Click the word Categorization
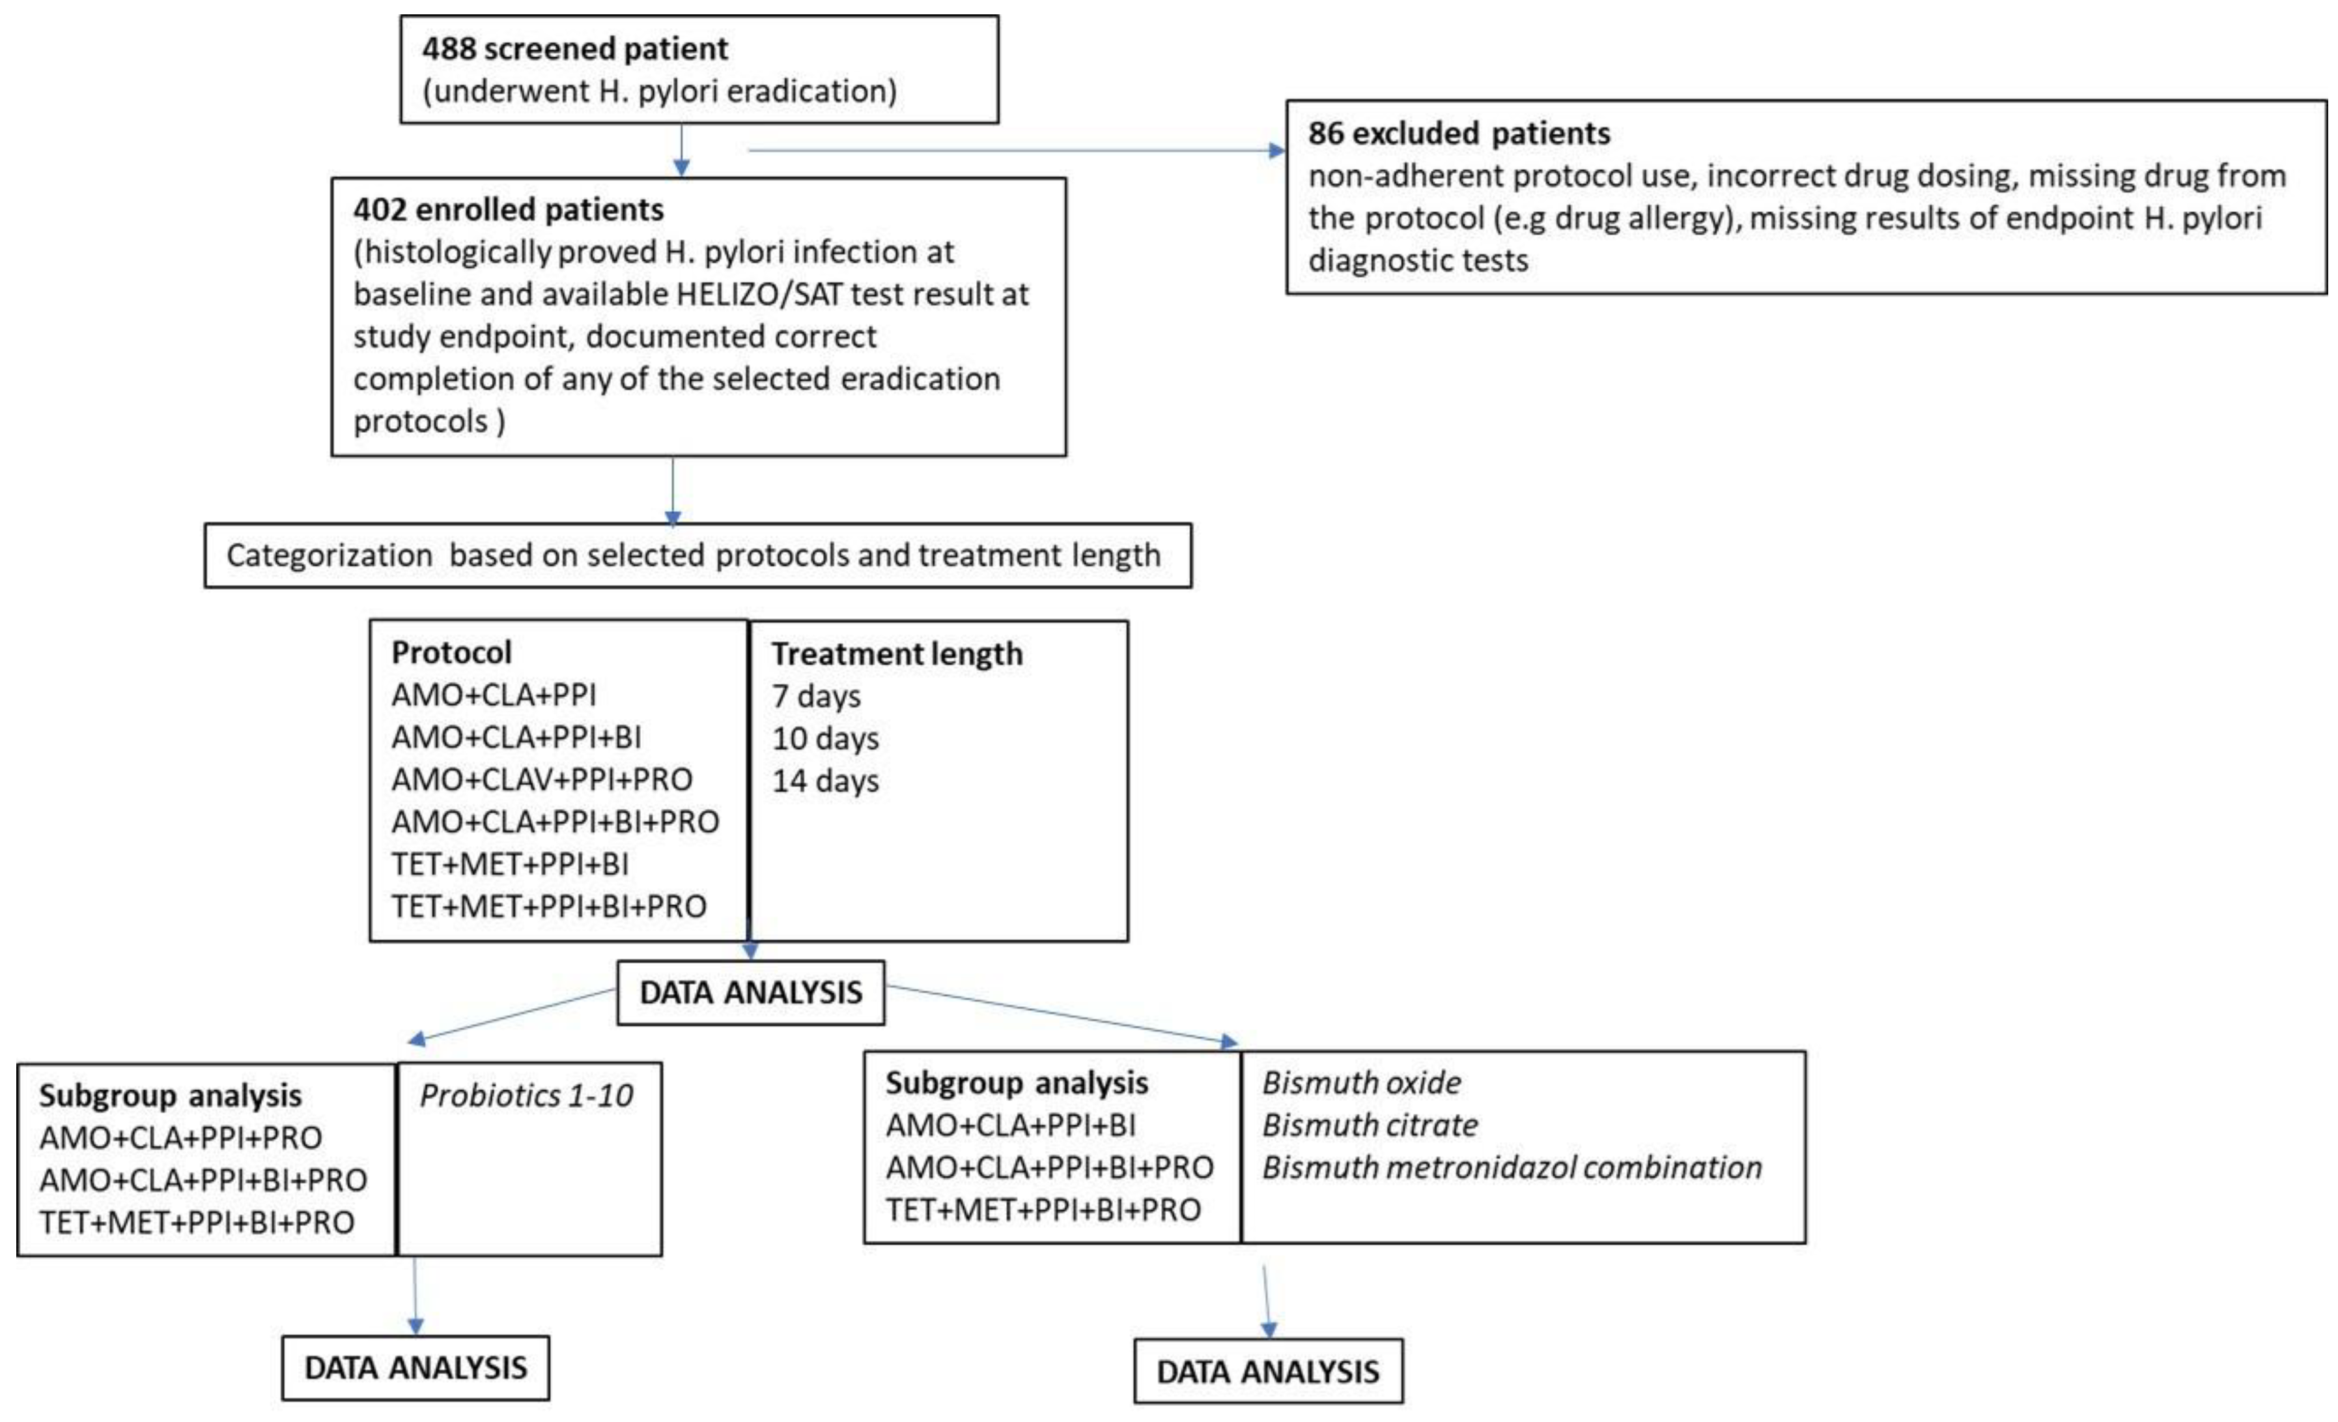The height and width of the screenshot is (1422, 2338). click(328, 555)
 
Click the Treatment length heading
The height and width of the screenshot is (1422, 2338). click(897, 654)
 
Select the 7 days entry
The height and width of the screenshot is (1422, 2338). click(816, 697)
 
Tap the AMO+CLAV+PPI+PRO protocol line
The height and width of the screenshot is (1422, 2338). click(542, 779)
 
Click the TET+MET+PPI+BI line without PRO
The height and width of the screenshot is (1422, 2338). click(509, 864)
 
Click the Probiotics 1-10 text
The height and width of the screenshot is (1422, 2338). click(527, 1096)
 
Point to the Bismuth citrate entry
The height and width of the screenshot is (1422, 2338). click(1369, 1125)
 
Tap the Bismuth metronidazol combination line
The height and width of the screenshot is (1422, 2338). click(1512, 1168)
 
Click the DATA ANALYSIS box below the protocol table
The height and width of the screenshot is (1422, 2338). click(750, 993)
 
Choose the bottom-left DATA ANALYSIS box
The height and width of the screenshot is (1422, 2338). click(415, 1368)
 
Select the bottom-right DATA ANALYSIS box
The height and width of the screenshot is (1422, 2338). click(1268, 1372)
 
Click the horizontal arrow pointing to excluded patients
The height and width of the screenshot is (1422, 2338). click(1015, 150)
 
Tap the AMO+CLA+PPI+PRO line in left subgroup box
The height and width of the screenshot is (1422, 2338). click(180, 1137)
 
